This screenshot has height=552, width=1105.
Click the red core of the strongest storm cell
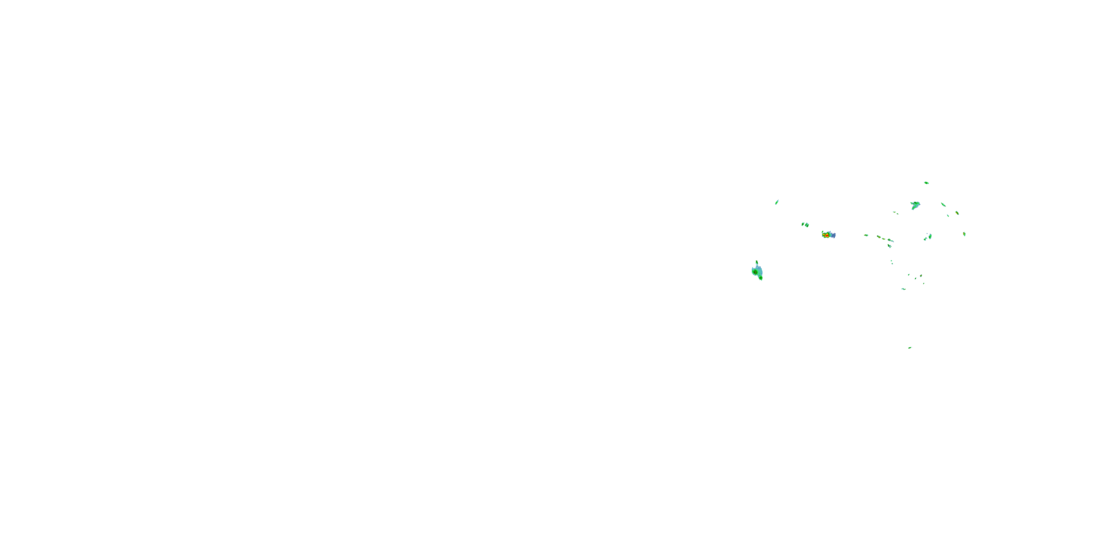[827, 235]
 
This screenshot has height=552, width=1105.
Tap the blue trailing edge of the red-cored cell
[833, 235]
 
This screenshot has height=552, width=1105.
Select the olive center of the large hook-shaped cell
[755, 271]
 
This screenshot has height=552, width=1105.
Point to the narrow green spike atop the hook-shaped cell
[757, 263]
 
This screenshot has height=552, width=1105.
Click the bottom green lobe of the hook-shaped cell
[761, 278]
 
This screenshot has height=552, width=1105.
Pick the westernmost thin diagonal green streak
[776, 202]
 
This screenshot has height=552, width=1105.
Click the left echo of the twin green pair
[803, 224]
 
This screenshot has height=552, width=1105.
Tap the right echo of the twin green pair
[807, 225]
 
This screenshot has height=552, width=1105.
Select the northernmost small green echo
[926, 183]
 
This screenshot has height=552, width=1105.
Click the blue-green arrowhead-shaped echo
[915, 205]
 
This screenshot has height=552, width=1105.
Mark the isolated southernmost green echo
[909, 347]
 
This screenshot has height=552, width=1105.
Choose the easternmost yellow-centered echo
[964, 234]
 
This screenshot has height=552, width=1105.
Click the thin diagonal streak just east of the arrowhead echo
[943, 205]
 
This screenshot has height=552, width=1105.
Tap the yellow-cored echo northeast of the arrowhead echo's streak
[957, 213]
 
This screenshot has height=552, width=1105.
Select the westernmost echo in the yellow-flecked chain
[866, 235]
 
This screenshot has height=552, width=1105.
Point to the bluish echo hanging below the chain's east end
[889, 245]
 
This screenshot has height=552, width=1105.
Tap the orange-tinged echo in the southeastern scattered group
[920, 276]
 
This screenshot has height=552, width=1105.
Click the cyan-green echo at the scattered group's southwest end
[903, 289]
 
